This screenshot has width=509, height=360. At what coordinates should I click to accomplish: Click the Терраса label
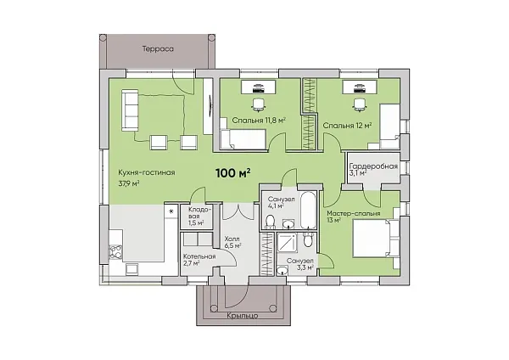158,49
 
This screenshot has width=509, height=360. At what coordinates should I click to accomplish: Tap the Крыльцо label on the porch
243,316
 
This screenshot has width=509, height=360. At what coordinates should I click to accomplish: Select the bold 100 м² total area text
233,173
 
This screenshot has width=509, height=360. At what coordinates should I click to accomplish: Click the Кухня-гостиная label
147,172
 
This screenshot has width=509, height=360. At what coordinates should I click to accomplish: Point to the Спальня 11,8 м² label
259,121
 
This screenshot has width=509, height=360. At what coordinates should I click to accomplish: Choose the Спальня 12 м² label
347,126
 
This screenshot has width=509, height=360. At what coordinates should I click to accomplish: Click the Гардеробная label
373,166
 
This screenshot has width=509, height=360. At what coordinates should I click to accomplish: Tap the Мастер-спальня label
354,213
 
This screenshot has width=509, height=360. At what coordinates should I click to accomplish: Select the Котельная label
199,256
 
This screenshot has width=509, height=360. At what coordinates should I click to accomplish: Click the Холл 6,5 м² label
232,243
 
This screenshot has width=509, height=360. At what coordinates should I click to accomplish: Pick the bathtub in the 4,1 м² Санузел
308,211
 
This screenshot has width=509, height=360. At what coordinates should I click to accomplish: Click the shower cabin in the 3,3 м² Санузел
287,242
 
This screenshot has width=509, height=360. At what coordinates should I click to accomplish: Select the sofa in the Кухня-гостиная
130,110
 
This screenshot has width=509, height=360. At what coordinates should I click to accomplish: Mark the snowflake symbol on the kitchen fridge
171,211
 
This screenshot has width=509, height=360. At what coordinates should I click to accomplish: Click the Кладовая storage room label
196,216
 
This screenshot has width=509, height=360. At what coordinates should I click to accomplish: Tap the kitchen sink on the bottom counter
132,269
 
